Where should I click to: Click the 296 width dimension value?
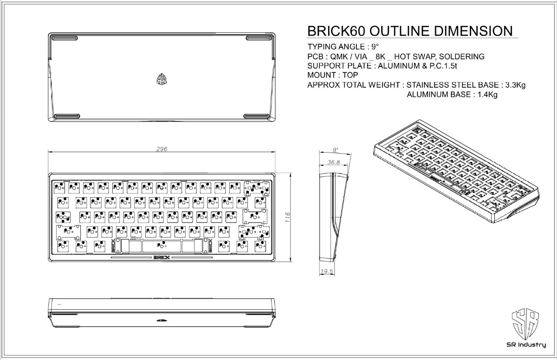pyautogui.click(x=162, y=149)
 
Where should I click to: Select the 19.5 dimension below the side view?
pyautogui.click(x=327, y=271)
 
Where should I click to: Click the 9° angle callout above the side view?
pyautogui.click(x=335, y=150)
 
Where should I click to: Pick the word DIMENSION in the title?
pyautogui.click(x=473, y=32)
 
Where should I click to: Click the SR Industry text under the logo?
pyautogui.click(x=526, y=345)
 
